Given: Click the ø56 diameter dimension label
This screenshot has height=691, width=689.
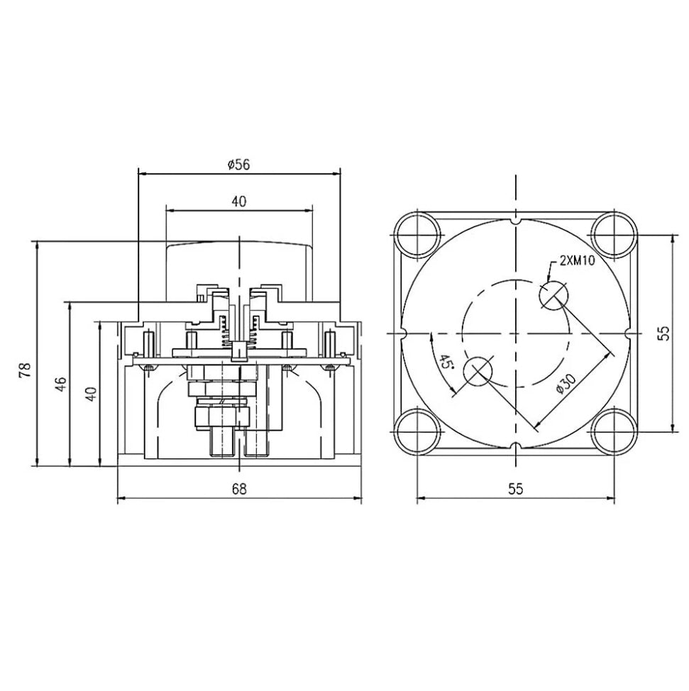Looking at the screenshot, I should pos(238,164).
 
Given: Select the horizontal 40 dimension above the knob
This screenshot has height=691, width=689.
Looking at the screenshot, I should pos(238,201).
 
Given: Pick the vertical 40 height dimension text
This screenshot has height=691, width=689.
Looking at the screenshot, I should pos(90,394).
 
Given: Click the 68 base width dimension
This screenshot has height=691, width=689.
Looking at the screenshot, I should pos(238,489).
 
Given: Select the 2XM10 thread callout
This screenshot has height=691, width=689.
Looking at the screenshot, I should pos(577,260).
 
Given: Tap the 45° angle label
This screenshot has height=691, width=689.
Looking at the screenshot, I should pos(445,363).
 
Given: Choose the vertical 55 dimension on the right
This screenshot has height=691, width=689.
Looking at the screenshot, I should pos(663,333).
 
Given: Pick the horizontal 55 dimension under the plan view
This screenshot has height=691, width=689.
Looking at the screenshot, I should pos(515,489).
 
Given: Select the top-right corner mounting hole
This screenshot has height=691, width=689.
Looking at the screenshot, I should pos(614,235).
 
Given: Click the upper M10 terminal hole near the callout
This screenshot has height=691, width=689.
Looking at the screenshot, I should pos(553,294).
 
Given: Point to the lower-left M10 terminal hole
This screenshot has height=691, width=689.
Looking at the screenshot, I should pos(477,371).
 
